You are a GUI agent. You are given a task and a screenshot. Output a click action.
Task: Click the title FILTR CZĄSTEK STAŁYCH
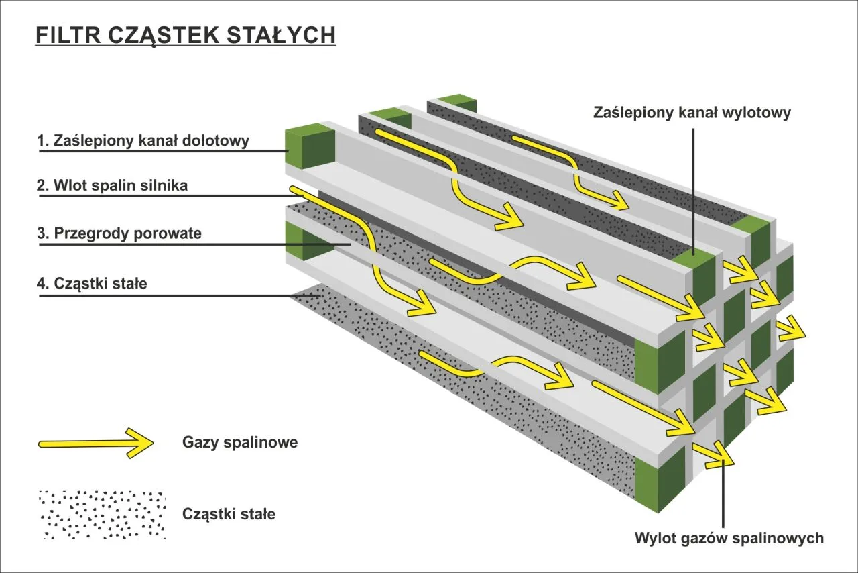185,35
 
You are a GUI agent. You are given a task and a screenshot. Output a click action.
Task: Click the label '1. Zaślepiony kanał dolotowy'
143,141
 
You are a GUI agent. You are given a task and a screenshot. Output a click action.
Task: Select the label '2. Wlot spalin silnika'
112,186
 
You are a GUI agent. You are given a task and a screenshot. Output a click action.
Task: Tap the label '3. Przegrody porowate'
119,233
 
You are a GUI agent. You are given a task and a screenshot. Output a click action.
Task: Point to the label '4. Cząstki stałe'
92,283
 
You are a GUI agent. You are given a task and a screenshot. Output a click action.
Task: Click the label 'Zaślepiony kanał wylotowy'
692,113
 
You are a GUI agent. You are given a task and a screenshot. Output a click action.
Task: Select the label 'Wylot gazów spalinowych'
729,538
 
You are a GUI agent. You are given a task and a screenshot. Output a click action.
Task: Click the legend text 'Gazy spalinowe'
239,443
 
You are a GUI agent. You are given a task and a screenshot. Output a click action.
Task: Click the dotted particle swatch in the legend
102,515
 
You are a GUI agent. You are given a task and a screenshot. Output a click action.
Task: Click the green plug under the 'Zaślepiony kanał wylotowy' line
695,272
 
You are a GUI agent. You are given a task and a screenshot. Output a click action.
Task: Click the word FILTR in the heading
59,35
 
